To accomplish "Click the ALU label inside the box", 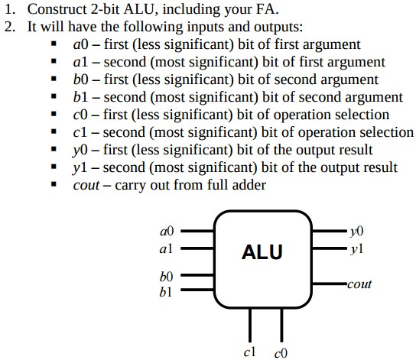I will point(262,251).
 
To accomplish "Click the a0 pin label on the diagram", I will point(167,229).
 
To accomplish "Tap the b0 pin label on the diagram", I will point(167,275).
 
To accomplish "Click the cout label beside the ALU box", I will point(359,284).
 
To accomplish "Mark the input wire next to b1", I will point(197,290).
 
